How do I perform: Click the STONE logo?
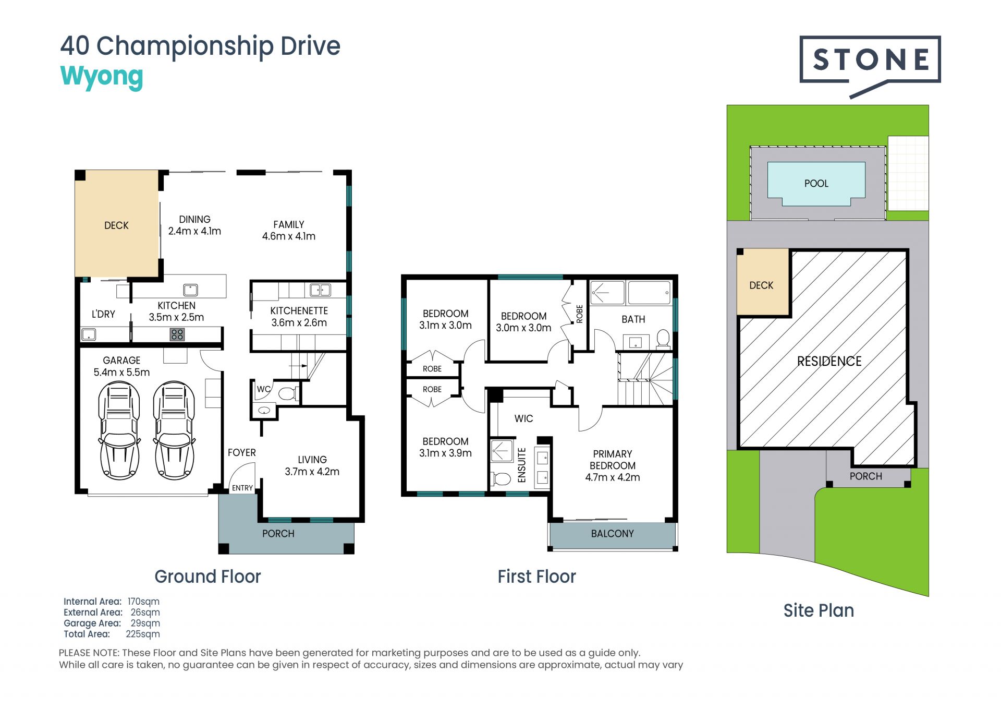tap(870, 66)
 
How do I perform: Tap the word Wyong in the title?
tap(102, 77)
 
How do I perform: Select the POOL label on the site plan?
tap(816, 184)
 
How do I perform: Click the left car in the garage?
tap(119, 430)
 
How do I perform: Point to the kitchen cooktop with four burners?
tap(177, 334)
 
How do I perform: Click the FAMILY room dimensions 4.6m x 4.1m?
tap(288, 236)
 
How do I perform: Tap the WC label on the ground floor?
tap(263, 389)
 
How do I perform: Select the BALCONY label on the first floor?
tap(612, 534)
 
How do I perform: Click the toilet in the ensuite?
tap(500, 478)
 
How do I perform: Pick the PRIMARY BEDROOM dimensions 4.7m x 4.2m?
tap(612, 477)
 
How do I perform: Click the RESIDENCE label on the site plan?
tap(829, 361)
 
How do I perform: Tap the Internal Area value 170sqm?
tap(143, 602)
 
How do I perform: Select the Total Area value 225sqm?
tap(143, 634)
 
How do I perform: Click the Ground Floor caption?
tap(207, 577)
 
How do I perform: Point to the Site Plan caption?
tap(819, 610)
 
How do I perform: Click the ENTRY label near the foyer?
tap(242, 488)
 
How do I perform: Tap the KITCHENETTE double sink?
tap(320, 290)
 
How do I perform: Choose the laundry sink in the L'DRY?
tap(88, 334)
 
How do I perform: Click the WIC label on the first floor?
tap(523, 418)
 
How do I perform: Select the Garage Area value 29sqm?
tap(145, 623)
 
